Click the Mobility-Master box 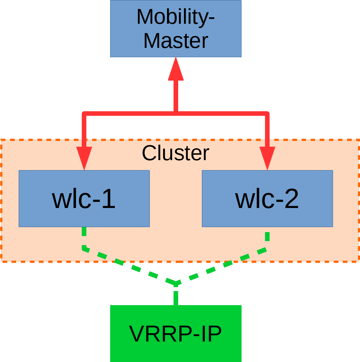[x=176, y=29]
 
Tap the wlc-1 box [x=84, y=199]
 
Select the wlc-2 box [x=267, y=199]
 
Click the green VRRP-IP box [x=176, y=333]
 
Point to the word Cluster [x=175, y=153]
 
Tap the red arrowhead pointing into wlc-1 [x=84, y=158]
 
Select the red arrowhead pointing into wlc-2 [x=267, y=158]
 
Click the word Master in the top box [x=176, y=41]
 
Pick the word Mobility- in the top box [x=176, y=17]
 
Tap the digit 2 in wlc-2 [x=290, y=199]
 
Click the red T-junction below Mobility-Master [x=176, y=114]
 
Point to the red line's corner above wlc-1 [x=84, y=114]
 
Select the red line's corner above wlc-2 [x=267, y=114]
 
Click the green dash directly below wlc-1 [x=84, y=232]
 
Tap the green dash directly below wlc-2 [x=267, y=236]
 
